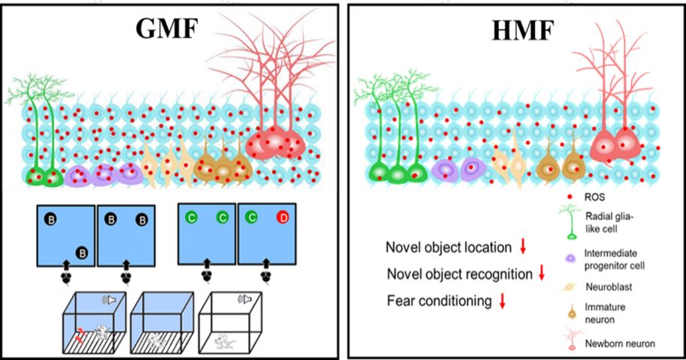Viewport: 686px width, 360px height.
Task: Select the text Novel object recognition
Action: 459,274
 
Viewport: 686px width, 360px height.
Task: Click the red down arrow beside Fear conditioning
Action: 503,301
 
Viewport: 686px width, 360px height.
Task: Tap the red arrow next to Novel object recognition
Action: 541,274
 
